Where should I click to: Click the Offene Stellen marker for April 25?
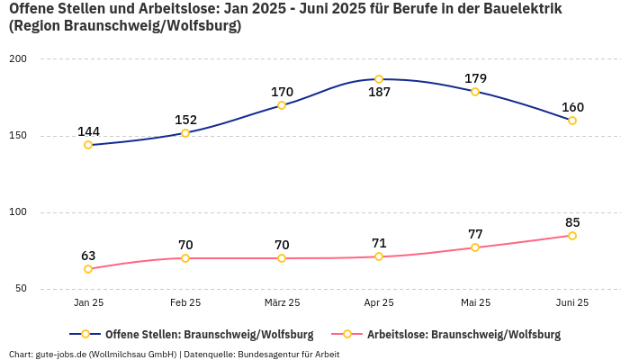tap(379, 79)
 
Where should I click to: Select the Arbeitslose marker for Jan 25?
tap(88, 269)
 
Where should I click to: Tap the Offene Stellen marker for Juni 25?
tap(572, 121)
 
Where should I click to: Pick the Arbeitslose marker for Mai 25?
tap(475, 247)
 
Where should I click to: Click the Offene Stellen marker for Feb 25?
tap(185, 133)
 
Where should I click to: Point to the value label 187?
tap(379, 93)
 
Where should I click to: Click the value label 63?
tap(88, 256)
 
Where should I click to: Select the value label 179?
tap(475, 78)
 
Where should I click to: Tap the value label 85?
tap(572, 222)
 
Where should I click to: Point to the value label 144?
tap(88, 131)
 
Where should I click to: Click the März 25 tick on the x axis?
tap(282, 303)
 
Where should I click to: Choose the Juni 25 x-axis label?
tap(572, 303)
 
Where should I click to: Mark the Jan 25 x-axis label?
tap(88, 303)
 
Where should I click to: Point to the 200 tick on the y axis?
tap(19, 59)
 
